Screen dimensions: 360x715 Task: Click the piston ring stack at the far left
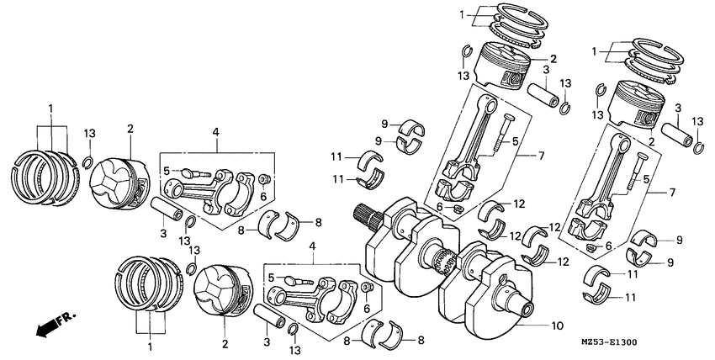tap(44, 177)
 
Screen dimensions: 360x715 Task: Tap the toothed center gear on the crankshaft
tap(446, 268)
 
